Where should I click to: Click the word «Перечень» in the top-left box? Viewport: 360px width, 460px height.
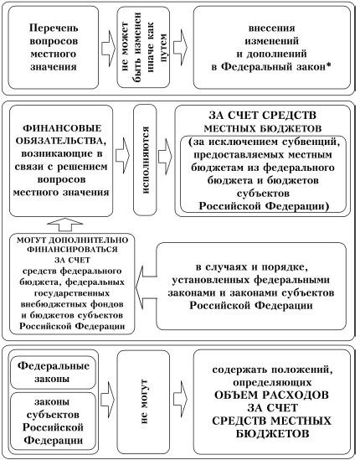pos(54,28)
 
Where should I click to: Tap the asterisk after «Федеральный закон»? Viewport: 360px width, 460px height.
pos(328,65)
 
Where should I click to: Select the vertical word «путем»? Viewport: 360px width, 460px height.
pos(162,48)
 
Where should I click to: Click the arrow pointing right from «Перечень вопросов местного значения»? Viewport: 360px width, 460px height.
pos(109,48)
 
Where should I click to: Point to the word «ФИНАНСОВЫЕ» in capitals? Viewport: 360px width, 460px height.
pos(62,128)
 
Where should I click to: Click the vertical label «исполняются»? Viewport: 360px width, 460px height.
pos(145,160)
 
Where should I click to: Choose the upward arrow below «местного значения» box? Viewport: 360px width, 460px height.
pos(65,225)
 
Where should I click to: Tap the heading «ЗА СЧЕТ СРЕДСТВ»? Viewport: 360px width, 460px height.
pos(262,115)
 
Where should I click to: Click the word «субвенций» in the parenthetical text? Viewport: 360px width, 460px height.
pos(311,142)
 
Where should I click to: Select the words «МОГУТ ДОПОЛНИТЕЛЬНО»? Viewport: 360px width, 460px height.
pos(72,240)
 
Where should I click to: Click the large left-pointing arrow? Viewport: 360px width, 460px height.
pos(146,285)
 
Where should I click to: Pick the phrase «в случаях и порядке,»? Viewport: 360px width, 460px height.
pos(252,267)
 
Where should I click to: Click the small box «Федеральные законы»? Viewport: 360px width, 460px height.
pos(53,373)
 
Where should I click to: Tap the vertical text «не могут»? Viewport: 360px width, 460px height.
pos(144,401)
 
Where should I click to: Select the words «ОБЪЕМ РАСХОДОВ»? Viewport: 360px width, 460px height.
pos(271,395)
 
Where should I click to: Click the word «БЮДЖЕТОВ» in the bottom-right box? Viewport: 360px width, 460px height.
pos(272,433)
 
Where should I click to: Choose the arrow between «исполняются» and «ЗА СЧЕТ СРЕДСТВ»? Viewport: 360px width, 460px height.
pos(165,156)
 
